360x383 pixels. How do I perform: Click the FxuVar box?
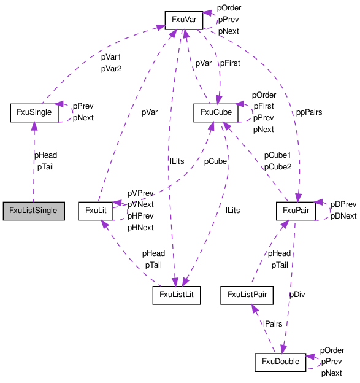[x=184, y=20]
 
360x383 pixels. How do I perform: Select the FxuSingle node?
[x=34, y=112]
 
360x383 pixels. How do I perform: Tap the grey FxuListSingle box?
[x=34, y=211]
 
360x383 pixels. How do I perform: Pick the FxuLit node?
[x=96, y=211]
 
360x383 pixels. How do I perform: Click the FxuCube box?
[x=216, y=112]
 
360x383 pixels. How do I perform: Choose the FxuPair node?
[x=296, y=211]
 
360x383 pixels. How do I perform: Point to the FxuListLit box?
[x=177, y=295]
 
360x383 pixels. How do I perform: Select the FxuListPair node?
[x=247, y=295]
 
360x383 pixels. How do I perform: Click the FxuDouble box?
[x=280, y=362]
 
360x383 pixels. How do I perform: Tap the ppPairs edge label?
[x=309, y=112]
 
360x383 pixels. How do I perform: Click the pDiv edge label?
[x=297, y=295]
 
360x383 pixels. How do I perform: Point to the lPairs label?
[x=273, y=324]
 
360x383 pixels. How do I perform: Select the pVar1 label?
[x=111, y=57]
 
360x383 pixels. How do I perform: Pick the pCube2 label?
[x=278, y=167]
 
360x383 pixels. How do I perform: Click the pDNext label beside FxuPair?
[x=343, y=216]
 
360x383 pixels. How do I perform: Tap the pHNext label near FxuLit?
[x=140, y=228]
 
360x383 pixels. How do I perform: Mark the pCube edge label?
[x=215, y=161]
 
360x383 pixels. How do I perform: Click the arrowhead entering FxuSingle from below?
[x=34, y=126]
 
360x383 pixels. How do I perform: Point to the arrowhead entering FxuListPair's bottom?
[x=255, y=309]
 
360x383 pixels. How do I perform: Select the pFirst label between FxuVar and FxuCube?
[x=230, y=63]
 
